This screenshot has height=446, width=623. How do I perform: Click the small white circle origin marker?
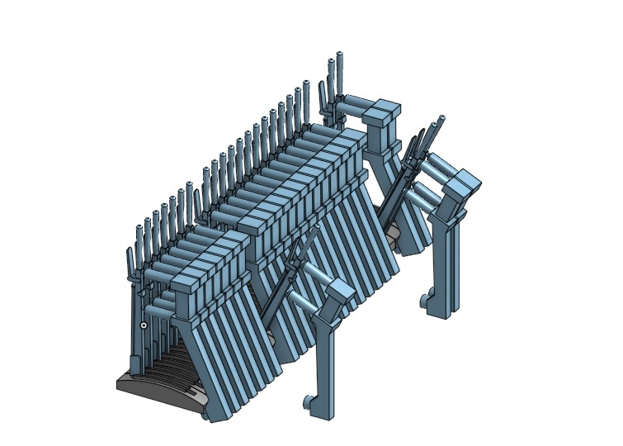[x=144, y=325]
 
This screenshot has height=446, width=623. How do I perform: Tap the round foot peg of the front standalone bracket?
[x=309, y=403]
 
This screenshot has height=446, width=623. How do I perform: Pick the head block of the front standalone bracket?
[x=339, y=292]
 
